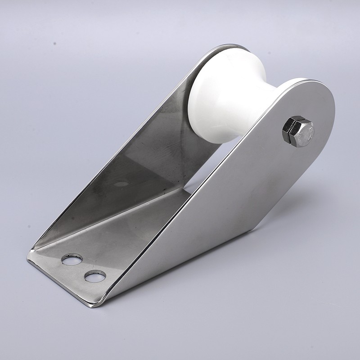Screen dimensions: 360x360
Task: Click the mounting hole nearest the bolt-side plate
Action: coord(95,276)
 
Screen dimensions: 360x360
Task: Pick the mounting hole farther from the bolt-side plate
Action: coord(72,259)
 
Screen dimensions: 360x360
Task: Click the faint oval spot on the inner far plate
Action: coord(121,184)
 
